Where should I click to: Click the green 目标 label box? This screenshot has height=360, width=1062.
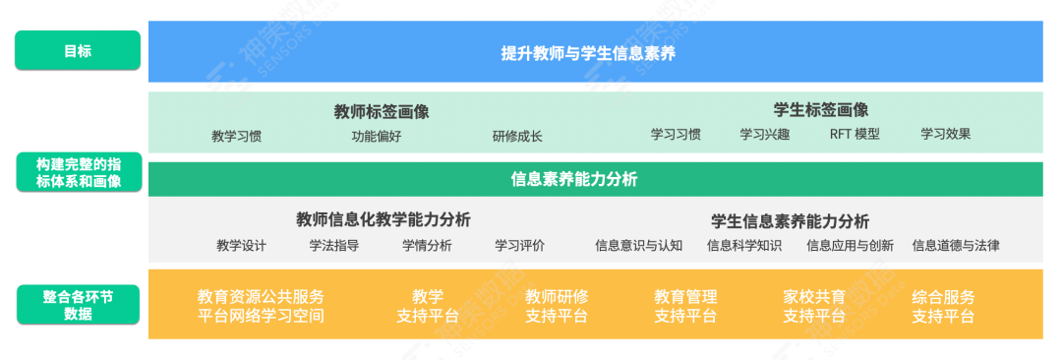pos(78,50)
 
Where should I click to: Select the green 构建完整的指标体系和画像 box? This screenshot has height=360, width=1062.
pos(78,172)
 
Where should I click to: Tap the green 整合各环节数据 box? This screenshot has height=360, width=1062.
pos(78,305)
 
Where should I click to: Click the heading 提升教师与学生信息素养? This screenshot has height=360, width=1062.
pos(588,53)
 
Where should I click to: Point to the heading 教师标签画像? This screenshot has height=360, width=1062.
pos(382,111)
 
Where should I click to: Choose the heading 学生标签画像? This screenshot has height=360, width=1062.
pos(821,109)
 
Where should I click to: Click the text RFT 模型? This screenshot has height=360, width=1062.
pos(855,135)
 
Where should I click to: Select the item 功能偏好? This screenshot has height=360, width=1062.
pos(377,137)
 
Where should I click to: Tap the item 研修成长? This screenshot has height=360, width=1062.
pos(517,137)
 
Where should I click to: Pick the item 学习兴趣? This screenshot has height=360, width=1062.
pos(764,135)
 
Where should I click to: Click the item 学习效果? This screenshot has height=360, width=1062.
pos(946,135)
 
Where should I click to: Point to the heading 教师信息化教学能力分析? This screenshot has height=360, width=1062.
pos(383,219)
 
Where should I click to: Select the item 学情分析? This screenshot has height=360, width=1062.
pos(427,246)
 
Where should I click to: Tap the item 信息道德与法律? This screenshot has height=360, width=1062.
pos(956,246)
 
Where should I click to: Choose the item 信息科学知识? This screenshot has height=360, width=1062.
pos(744,246)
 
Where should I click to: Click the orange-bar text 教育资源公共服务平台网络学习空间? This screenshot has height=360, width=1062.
pos(261,306)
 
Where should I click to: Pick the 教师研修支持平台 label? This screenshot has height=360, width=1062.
pos(557,306)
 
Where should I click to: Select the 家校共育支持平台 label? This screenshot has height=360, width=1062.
pos(814,306)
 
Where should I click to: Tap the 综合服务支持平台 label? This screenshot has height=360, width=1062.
pos(943,306)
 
